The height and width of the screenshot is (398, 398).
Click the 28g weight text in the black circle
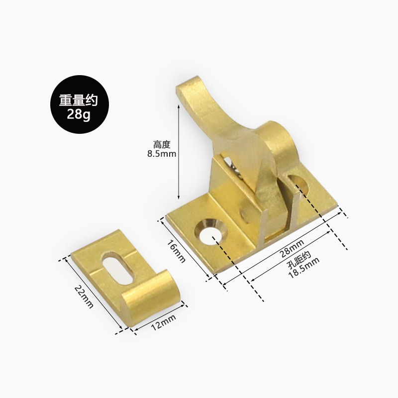click(79, 115)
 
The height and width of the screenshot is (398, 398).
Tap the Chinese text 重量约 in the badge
click(79, 100)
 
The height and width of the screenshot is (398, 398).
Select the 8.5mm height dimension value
click(162, 154)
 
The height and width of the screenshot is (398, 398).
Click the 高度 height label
click(162, 144)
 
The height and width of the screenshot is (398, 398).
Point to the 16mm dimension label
click(176, 251)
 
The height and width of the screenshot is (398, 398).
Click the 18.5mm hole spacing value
click(304, 268)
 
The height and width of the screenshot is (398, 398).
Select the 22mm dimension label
click(84, 297)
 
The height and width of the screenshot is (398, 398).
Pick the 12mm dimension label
click(164, 322)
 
